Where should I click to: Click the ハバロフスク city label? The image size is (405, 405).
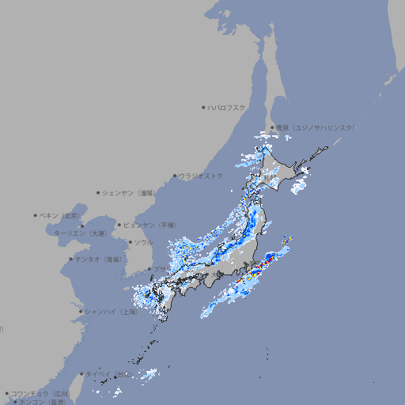[x=227, y=107]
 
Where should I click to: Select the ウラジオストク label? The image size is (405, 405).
[x=202, y=176]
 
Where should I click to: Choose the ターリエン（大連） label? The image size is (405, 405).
[x=80, y=233]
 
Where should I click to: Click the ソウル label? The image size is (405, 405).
[x=143, y=242]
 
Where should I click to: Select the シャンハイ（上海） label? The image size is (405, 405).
[x=112, y=312]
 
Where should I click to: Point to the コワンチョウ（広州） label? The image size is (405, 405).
[x=40, y=393]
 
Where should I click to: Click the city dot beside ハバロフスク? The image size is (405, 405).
[x=204, y=107]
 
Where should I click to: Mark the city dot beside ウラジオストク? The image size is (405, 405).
[x=176, y=176]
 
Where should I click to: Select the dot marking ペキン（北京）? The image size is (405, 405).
[x=36, y=215]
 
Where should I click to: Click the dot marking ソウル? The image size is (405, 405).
[x=130, y=242]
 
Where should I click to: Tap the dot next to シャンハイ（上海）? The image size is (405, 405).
[x=81, y=312]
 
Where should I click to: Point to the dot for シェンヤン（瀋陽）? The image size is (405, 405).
[x=99, y=192]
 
